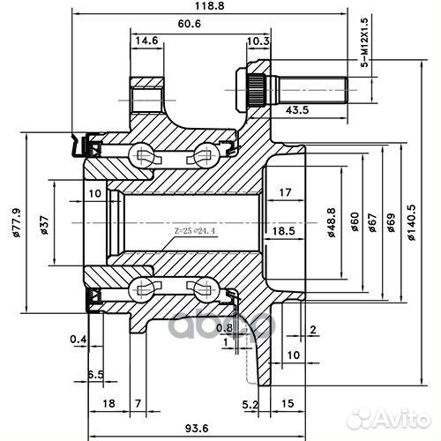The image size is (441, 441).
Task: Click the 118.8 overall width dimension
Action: coord(207,6)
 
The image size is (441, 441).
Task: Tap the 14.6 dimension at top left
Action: coord(147,41)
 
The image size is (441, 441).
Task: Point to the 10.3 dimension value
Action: coord(258,41)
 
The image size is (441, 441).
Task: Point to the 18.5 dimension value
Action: coord(282,230)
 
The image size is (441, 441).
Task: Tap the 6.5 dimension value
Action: coord(95,374)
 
